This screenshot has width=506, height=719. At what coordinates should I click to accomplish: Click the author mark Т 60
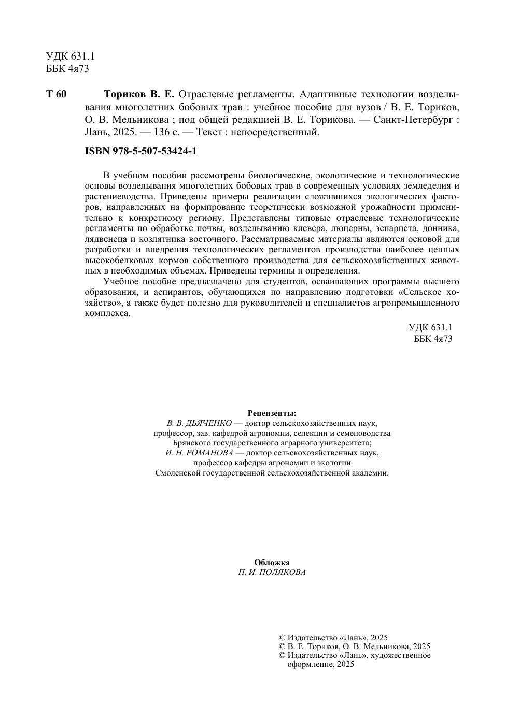click(57, 94)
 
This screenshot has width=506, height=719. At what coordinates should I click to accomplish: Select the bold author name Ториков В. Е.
click(139, 94)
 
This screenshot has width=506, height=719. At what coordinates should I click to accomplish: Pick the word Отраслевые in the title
click(205, 94)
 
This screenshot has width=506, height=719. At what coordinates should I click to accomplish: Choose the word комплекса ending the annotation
click(107, 313)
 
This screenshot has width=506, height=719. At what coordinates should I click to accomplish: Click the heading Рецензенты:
click(272, 413)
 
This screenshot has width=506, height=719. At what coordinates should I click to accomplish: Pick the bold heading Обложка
click(272, 562)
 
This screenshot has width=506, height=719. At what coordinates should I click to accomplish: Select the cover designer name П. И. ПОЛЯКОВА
click(272, 572)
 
